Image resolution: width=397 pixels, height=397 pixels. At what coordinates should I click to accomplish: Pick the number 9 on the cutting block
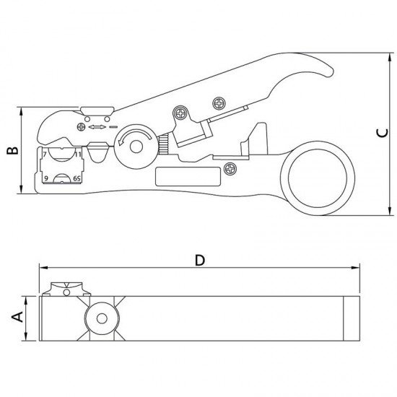pos(45,177)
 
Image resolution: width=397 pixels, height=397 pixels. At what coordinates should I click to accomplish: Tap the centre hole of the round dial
pos(135,147)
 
